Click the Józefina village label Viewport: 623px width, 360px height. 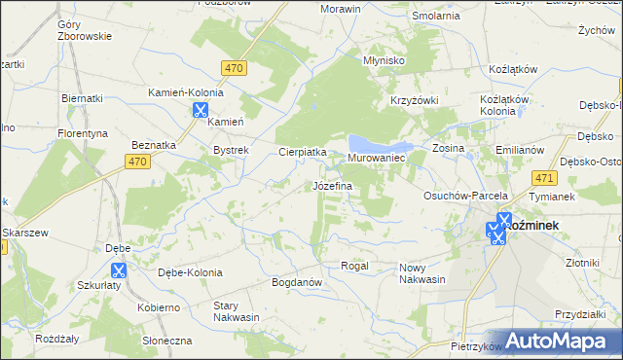[x=332, y=185]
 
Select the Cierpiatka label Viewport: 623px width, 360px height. [x=303, y=153]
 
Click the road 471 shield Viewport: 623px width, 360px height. [x=544, y=178]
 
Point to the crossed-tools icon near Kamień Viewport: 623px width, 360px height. [x=200, y=110]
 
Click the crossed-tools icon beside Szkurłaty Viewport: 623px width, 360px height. [x=120, y=271]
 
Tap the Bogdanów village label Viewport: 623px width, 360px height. [x=298, y=282]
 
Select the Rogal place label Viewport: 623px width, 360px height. [x=353, y=266]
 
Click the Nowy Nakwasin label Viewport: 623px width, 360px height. [x=421, y=273]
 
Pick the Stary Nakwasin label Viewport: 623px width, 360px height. [x=237, y=311]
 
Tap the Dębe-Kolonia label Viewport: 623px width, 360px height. [x=190, y=272]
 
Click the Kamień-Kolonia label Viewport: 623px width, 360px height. [x=185, y=92]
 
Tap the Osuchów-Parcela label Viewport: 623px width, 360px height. [x=459, y=195]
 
